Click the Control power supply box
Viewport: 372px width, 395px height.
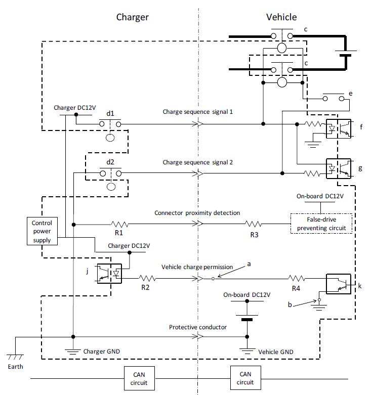(x=42, y=231)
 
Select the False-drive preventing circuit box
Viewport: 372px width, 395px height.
(x=321, y=224)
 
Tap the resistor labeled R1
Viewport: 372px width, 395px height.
(x=120, y=224)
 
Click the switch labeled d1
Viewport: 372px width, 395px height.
(x=110, y=124)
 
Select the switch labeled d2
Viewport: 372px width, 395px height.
(x=110, y=173)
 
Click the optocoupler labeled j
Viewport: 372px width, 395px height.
(x=111, y=274)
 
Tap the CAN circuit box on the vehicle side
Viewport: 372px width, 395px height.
(x=245, y=378)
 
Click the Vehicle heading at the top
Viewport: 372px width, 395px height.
(x=281, y=17)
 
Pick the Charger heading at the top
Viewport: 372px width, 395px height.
(x=133, y=17)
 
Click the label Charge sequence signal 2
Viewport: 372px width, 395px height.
(x=197, y=162)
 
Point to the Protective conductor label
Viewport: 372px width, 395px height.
(x=198, y=327)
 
